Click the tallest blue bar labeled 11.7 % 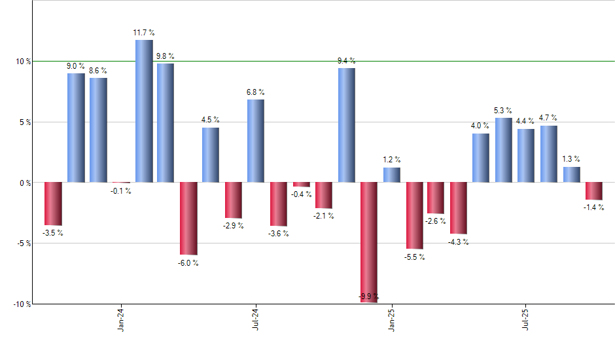coord(144,111)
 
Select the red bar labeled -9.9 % coord(368,242)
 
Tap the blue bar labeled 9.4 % coord(346,125)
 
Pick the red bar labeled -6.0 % coord(188,218)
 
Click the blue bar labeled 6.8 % coord(256,141)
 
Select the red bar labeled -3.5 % coord(53,204)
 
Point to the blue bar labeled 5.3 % coord(503,150)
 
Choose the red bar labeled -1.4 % coord(593,190)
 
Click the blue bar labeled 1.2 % coord(391,175)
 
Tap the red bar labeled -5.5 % coord(414,215)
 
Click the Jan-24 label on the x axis coord(121,320)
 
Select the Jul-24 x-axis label coord(256,320)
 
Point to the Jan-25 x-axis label coord(391,320)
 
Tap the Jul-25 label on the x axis coord(526,320)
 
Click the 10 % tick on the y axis coord(24,62)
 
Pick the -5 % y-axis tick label coord(24,243)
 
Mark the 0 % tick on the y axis coord(25,183)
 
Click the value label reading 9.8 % coord(166,56)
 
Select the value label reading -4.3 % coord(459,242)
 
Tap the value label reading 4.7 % coord(548,118)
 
